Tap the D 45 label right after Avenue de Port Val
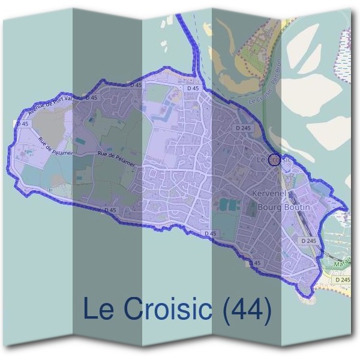coord(92,97)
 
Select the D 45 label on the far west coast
coord(23,124)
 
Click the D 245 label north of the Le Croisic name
coord(242,128)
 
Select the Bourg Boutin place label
coord(284,207)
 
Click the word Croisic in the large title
coord(169,310)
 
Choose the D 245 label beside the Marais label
coord(343,280)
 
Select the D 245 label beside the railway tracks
coord(308,241)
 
